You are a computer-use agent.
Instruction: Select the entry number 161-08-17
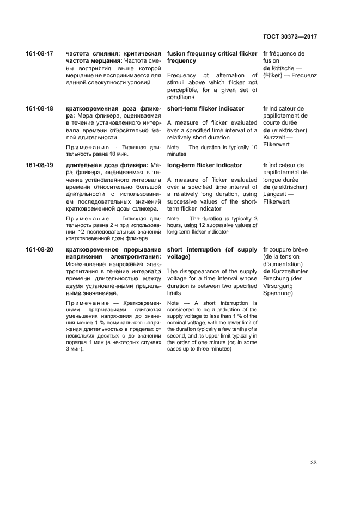pyautogui.click(x=40, y=54)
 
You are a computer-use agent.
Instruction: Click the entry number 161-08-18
pyautogui.click(x=40, y=109)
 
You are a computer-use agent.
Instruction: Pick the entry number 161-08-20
pyautogui.click(x=40, y=250)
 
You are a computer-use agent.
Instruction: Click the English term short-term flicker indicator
pyautogui.click(x=205, y=109)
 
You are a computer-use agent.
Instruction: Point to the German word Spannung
pyautogui.click(x=278, y=293)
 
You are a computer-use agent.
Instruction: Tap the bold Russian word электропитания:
pyautogui.click(x=133, y=256)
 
